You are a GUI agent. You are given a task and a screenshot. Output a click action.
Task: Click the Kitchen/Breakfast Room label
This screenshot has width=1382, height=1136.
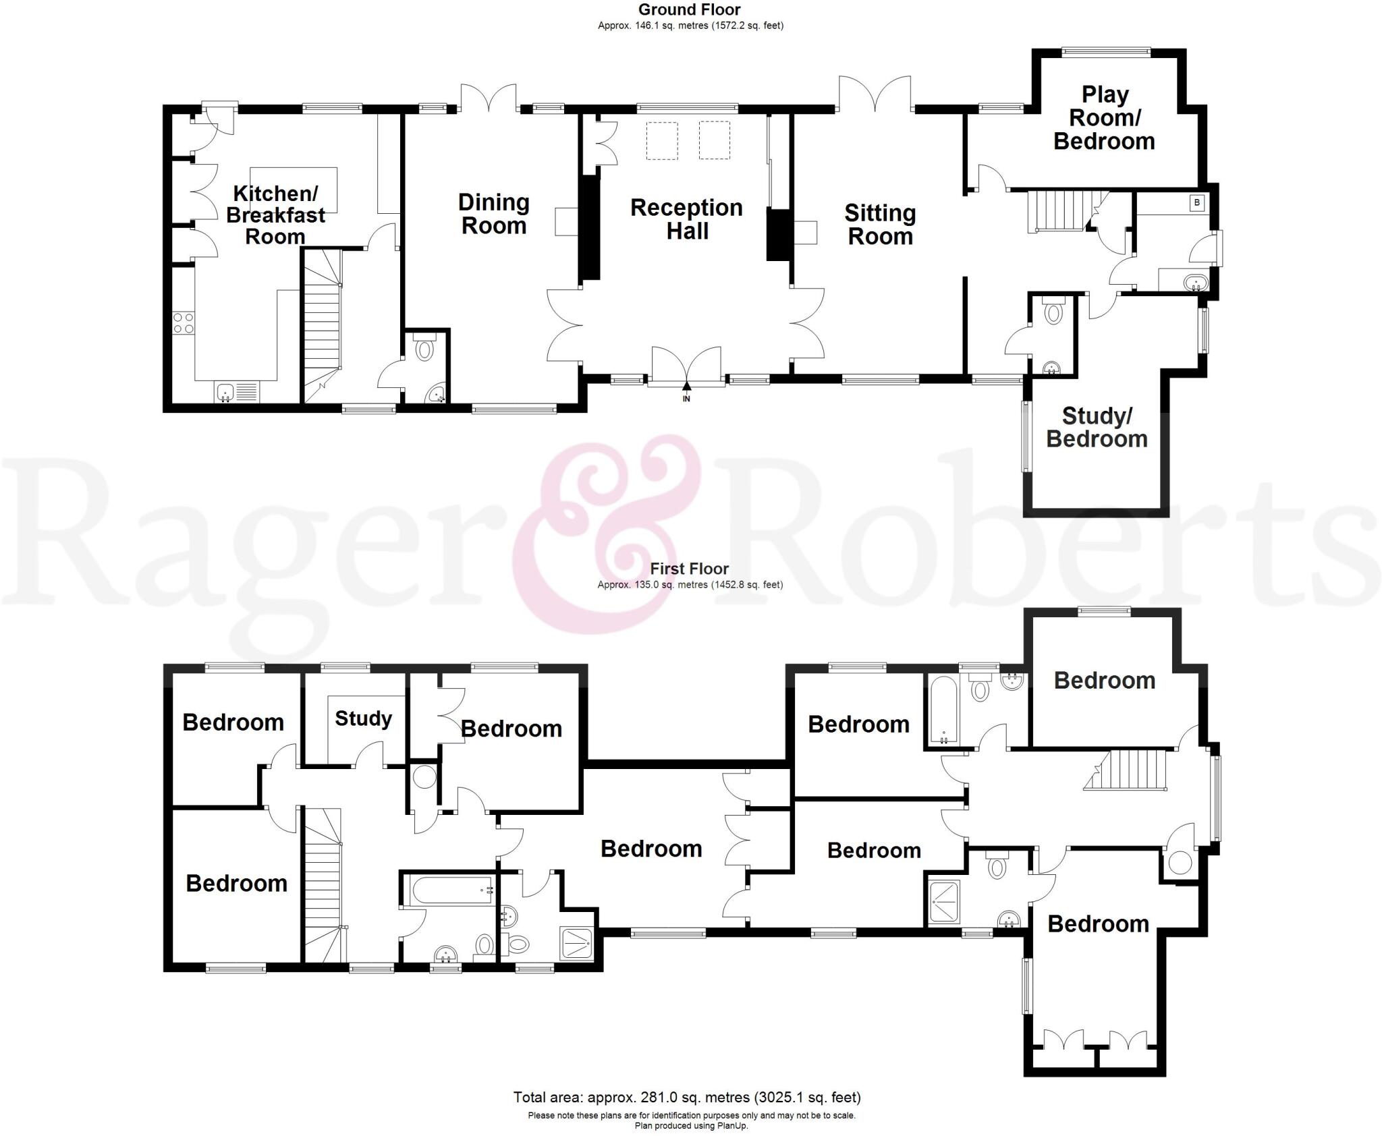(x=275, y=215)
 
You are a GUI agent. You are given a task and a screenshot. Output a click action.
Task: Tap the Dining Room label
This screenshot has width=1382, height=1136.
(x=493, y=214)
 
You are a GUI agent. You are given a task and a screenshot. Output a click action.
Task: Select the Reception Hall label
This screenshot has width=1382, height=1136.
(x=686, y=219)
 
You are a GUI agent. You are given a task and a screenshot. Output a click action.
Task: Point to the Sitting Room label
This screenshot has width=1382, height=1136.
(x=880, y=224)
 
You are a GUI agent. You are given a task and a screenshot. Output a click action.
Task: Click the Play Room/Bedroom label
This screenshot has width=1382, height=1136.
(x=1105, y=118)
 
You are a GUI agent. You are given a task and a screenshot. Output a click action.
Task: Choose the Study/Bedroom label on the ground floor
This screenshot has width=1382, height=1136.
(x=1097, y=427)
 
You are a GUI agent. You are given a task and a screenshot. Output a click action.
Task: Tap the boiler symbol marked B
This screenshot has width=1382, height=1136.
(x=1197, y=202)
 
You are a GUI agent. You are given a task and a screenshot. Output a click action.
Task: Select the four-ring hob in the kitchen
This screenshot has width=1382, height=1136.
(x=183, y=323)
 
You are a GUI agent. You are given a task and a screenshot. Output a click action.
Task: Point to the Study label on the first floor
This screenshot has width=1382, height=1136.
(x=363, y=718)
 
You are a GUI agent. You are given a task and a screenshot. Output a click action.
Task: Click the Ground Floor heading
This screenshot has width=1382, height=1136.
(x=689, y=9)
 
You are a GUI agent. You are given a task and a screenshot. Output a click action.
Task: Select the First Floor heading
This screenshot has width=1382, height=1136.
(x=689, y=569)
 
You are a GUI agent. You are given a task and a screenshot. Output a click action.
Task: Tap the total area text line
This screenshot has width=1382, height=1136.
(x=686, y=1097)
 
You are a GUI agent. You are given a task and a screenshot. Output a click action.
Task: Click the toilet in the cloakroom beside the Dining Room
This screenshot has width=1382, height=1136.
(x=424, y=349)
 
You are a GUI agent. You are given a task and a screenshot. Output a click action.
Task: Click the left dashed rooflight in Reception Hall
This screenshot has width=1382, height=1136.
(x=662, y=140)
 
